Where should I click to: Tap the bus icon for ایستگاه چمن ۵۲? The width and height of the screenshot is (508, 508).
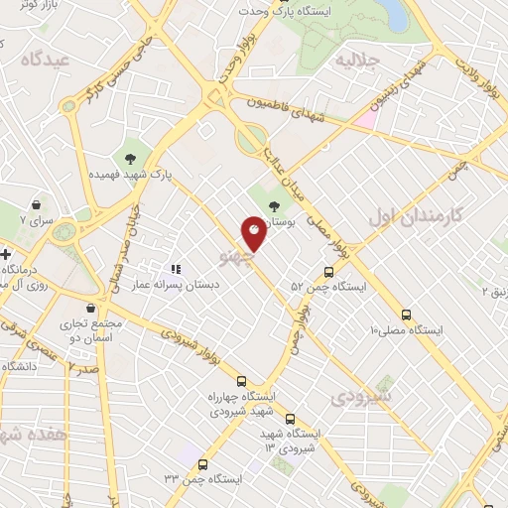[328, 272]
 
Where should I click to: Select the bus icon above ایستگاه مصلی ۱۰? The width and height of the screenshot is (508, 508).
[406, 315]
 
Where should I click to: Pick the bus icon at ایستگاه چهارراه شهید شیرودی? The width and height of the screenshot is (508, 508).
[241, 380]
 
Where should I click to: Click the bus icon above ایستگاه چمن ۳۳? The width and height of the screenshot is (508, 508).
[203, 464]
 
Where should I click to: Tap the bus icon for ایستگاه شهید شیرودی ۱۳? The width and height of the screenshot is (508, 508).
[290, 419]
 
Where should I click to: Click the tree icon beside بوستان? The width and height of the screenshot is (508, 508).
[274, 206]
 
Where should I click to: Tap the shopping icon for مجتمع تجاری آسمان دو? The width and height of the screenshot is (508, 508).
[91, 308]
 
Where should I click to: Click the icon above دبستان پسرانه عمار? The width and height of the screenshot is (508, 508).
[176, 268]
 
